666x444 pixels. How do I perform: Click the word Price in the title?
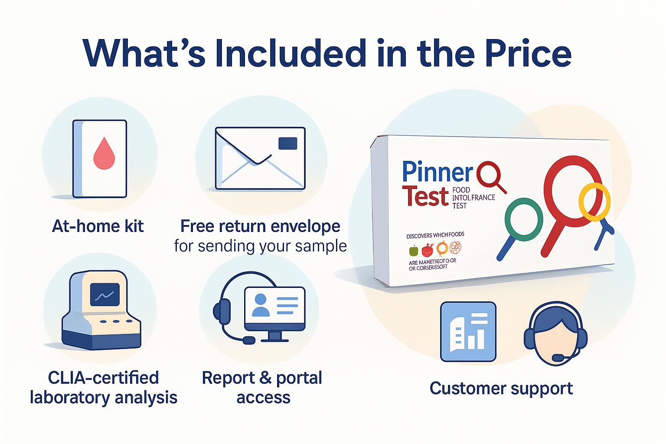point(528,53)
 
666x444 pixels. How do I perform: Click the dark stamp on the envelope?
point(287,144)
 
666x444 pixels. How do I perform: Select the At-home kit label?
point(98,226)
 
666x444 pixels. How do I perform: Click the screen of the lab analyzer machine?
point(104,295)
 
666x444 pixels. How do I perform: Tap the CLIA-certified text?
point(103,378)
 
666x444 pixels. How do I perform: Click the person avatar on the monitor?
point(261,305)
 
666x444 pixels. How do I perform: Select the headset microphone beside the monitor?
point(248,340)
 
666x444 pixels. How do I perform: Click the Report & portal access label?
point(262,387)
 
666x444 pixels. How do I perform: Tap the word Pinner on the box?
point(437,172)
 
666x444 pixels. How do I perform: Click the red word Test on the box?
point(425,196)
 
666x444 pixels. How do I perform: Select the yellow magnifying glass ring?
point(594,202)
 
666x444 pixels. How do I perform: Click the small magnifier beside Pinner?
point(490,176)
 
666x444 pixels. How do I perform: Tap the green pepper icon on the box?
point(414,251)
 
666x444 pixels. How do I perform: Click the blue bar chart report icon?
point(468,332)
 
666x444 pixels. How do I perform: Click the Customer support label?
point(501,388)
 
